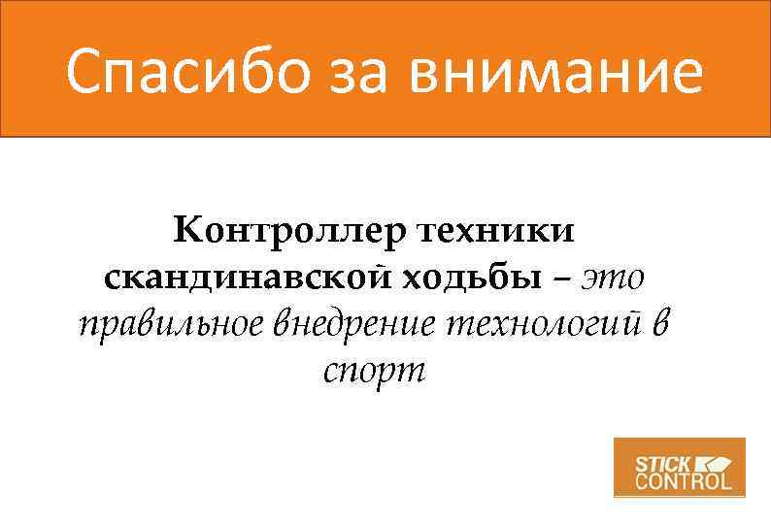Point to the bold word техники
(x=495, y=232)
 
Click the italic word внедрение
(x=353, y=324)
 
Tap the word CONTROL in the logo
(x=684, y=480)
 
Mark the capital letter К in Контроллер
(x=187, y=232)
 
